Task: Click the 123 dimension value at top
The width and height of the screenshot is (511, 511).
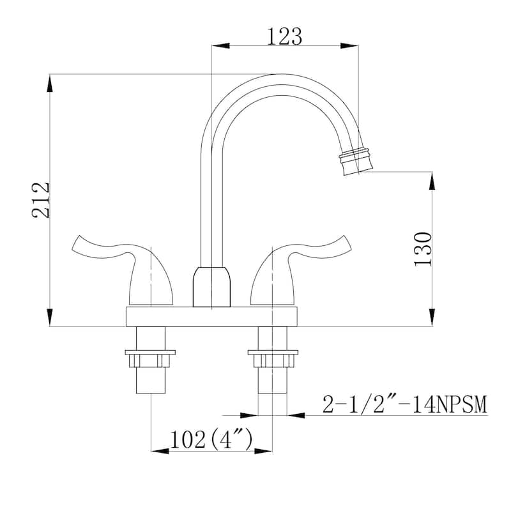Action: (284, 37)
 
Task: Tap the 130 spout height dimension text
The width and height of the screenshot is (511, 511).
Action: (424, 249)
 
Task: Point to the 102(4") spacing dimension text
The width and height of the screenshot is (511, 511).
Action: (211, 440)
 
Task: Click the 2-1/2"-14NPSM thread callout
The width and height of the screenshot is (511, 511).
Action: (404, 404)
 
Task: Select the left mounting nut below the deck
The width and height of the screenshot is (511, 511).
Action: (151, 359)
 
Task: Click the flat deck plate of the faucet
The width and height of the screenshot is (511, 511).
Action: (212, 316)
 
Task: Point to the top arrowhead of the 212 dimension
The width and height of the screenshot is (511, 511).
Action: (49, 83)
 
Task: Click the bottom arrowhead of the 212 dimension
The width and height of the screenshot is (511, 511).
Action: (49, 317)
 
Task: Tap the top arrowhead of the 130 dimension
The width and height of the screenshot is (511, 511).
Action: (432, 180)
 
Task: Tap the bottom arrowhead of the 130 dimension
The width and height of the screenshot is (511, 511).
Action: (432, 317)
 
